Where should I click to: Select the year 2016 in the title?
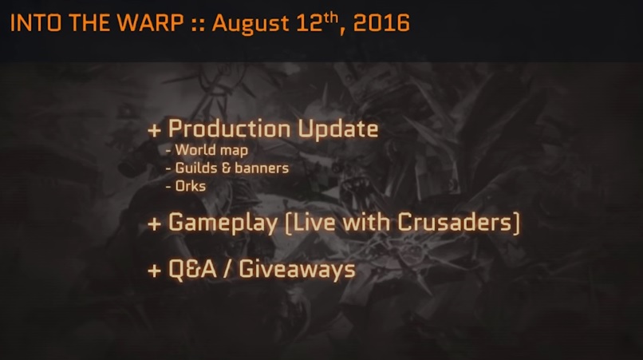point(381,22)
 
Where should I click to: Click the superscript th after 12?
point(330,18)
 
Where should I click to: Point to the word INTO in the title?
point(36,22)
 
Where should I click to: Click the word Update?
point(337,129)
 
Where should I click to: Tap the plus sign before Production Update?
point(154,131)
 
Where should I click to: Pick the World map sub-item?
point(211,150)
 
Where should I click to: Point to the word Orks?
point(191,186)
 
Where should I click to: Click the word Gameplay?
point(223,224)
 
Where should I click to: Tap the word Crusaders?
point(455,222)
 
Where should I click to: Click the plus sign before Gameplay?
point(154,224)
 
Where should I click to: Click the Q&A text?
point(192,269)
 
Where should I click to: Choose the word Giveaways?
point(297,271)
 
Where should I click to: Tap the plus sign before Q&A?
point(154,271)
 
